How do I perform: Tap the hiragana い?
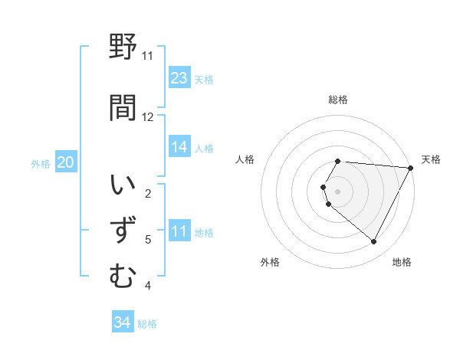coord(123,186)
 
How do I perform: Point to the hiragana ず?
coord(123,231)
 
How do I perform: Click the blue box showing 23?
coord(179,78)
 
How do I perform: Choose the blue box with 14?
coord(179,147)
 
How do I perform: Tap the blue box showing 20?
coord(66,162)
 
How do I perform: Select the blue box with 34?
coord(123,322)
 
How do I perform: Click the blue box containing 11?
coord(179,231)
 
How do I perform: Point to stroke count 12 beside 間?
coord(148,116)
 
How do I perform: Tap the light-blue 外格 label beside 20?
coord(41,163)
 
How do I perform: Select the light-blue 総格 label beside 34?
coord(147,324)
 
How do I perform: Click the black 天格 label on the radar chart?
coord(431,159)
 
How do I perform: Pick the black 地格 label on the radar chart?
coord(402,262)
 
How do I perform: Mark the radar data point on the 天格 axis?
coord(410,168)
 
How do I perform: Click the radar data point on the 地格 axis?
coord(373,242)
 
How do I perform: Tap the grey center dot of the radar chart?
coord(338,191)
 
